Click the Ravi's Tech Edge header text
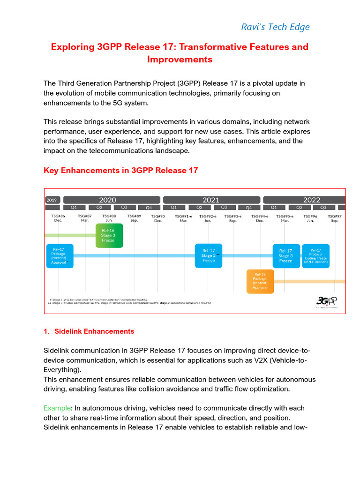pos(275,27)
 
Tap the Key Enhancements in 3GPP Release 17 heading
pos(120,171)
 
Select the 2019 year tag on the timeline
pos(52,200)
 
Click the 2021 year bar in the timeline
pos(211,200)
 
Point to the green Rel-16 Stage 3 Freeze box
pos(109,235)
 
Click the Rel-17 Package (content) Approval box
pos(60,256)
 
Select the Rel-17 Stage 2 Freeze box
pos(209,256)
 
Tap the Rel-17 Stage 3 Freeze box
pos(285,256)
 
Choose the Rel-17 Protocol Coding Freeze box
pos(315,256)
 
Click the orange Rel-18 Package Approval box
pos(260,281)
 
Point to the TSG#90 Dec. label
pos(158,218)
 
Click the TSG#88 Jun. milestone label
pos(109,218)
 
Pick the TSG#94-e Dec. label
pos(260,218)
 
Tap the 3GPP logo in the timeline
pos(327,301)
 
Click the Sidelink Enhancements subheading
pos(94,331)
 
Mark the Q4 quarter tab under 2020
pos(149,207)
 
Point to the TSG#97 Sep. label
pos(334,218)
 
